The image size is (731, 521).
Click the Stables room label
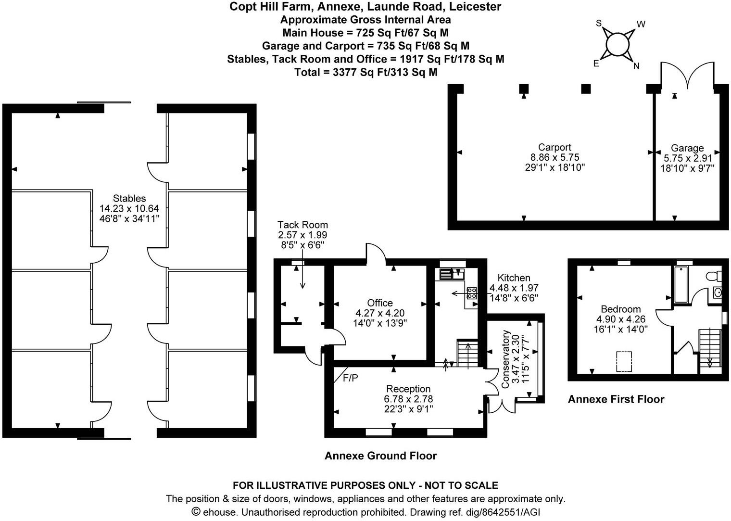(129, 198)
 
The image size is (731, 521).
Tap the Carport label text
(555, 147)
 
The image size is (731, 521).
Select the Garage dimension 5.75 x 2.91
(688, 158)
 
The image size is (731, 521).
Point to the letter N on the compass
(636, 66)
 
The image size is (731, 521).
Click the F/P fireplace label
(351, 378)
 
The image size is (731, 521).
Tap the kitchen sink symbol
(452, 274)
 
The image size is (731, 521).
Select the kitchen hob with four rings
(472, 293)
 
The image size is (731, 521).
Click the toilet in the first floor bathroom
(714, 276)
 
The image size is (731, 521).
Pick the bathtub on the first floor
(681, 284)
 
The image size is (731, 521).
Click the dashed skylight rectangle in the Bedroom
(624, 361)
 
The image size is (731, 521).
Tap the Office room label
(380, 303)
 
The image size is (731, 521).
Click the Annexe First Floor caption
(616, 399)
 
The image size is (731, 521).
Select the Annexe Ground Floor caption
(380, 456)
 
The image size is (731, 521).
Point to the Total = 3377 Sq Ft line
(366, 72)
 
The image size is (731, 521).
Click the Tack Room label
(302, 225)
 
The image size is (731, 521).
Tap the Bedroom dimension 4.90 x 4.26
(621, 319)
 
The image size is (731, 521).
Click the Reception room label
(408, 389)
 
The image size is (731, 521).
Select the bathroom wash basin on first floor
(718, 292)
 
